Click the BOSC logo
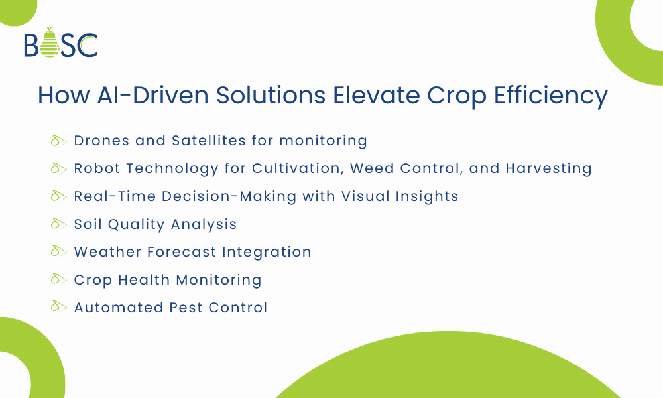60,44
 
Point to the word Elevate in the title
379,96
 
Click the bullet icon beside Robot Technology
60,168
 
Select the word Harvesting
548,168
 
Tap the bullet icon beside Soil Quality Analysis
60,224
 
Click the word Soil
88,224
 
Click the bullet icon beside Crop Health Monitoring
60,280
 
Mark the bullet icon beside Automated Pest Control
60,308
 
